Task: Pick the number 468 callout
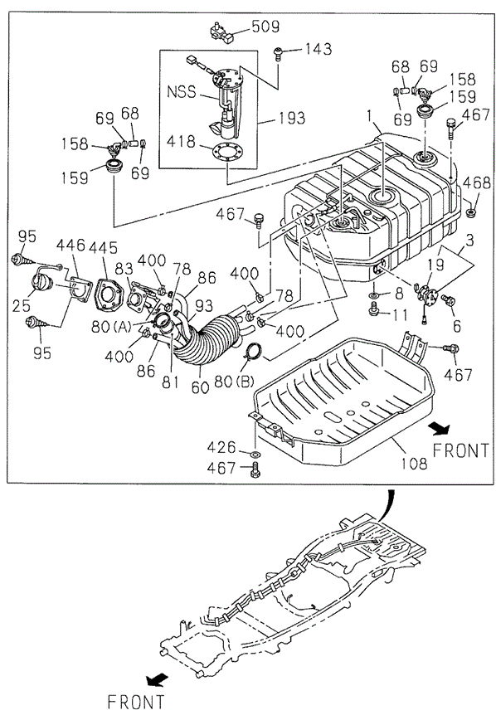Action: [x=476, y=182]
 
